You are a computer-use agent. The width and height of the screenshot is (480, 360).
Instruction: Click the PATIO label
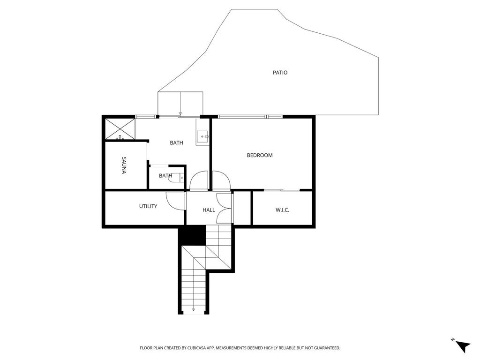(x=280, y=73)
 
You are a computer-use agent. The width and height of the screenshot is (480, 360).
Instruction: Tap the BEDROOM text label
(x=260, y=155)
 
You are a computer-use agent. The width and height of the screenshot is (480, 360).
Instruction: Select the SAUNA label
(x=124, y=165)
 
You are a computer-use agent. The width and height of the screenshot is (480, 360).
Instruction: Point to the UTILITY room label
(x=148, y=206)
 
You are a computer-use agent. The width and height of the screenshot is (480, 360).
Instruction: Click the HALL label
(x=209, y=210)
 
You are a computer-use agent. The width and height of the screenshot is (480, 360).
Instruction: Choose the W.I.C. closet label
(x=282, y=210)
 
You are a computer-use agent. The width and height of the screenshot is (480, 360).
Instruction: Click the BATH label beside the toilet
(x=165, y=176)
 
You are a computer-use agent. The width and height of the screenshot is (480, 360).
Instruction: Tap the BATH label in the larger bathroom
(x=176, y=142)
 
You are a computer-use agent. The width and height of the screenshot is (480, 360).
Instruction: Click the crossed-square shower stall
(x=120, y=129)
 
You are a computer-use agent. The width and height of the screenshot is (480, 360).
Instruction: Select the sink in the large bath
(x=202, y=136)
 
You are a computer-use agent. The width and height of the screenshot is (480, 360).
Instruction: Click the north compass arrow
(x=463, y=346)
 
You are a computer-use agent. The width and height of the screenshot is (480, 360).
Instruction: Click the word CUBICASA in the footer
(x=197, y=348)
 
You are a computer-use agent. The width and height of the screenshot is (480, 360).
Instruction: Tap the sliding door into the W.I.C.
(x=282, y=190)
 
